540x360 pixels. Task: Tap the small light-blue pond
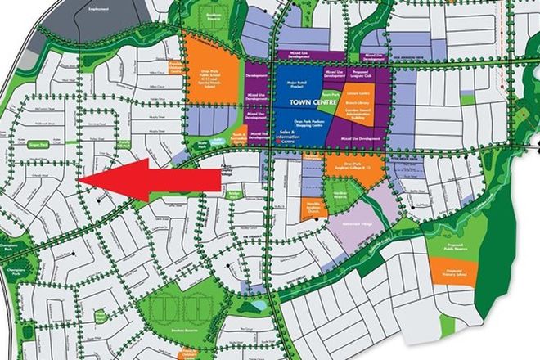(259, 304)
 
